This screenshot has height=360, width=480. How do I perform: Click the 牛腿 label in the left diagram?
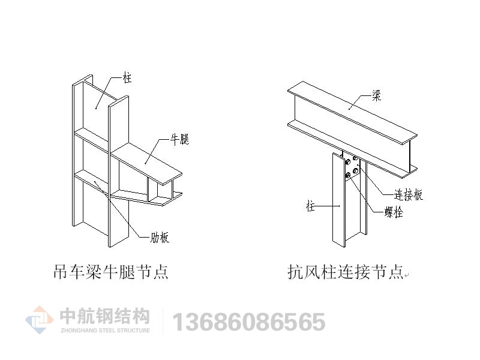[179, 140]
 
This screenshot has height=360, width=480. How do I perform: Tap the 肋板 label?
[160, 238]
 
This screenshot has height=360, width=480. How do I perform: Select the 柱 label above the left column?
[127, 78]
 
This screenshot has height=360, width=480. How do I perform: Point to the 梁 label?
[376, 95]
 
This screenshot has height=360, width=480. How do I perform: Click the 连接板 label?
[408, 194]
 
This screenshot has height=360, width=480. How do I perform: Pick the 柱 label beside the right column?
[311, 207]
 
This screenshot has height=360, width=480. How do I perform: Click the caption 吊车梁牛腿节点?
[111, 272]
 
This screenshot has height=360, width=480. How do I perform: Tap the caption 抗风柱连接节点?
[345, 272]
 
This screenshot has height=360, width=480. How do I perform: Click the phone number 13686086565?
[249, 322]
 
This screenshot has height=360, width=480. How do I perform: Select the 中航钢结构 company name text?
[104, 316]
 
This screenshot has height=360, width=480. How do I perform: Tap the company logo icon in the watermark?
[40, 320]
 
